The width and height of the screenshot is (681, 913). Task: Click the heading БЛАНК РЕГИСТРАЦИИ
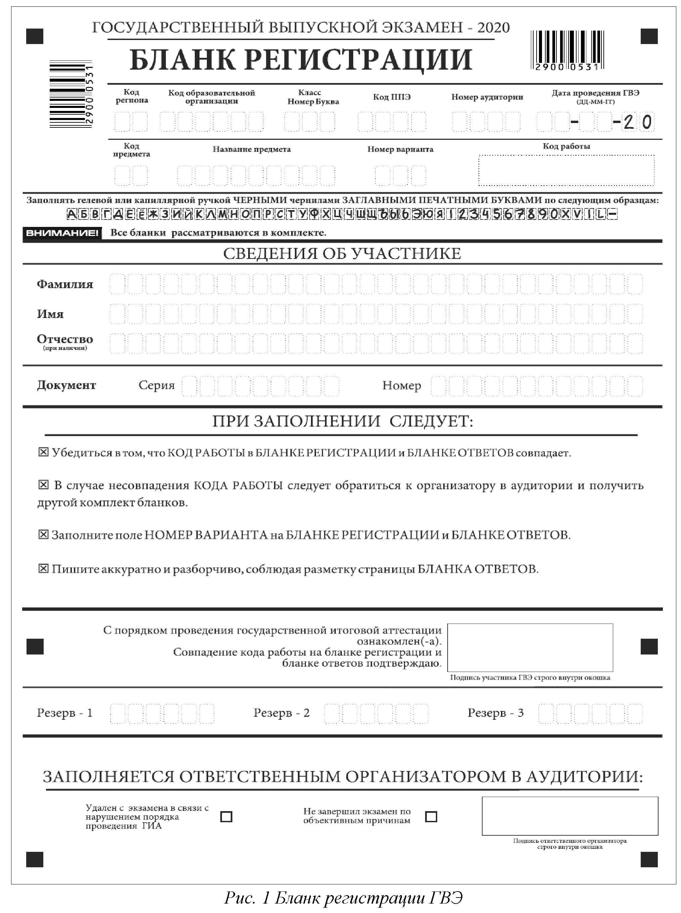pyautogui.click(x=301, y=60)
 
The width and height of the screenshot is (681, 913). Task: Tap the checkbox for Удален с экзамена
pyautogui.click(x=226, y=817)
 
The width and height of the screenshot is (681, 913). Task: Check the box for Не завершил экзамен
pyautogui.click(x=431, y=817)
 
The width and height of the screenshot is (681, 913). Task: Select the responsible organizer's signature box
pyautogui.click(x=570, y=816)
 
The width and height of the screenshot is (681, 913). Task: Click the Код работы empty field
pyautogui.click(x=566, y=170)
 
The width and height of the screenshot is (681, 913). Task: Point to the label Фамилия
pyautogui.click(x=65, y=284)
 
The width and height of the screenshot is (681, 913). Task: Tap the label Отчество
pyautogui.click(x=65, y=339)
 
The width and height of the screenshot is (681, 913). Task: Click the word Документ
pyautogui.click(x=66, y=385)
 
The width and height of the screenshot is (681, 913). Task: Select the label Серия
pyautogui.click(x=156, y=385)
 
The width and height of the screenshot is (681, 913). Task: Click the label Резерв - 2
pyautogui.click(x=281, y=713)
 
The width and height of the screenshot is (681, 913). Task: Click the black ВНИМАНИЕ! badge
pyautogui.click(x=62, y=233)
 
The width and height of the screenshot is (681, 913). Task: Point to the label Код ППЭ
pyautogui.click(x=392, y=97)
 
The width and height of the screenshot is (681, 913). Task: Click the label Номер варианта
pyautogui.click(x=400, y=149)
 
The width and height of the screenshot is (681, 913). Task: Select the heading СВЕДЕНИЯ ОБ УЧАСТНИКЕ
pyautogui.click(x=342, y=253)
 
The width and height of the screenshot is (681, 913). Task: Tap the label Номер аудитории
pyautogui.click(x=487, y=97)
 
